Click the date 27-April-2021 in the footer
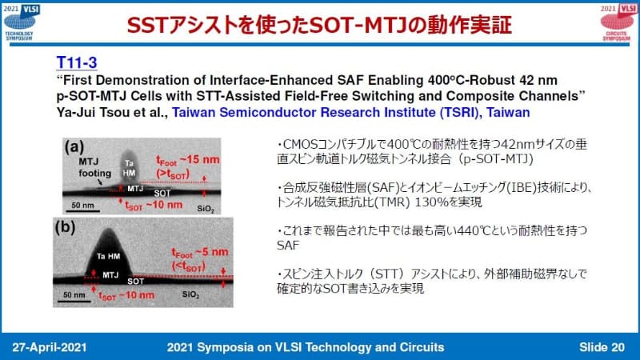(54, 345)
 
